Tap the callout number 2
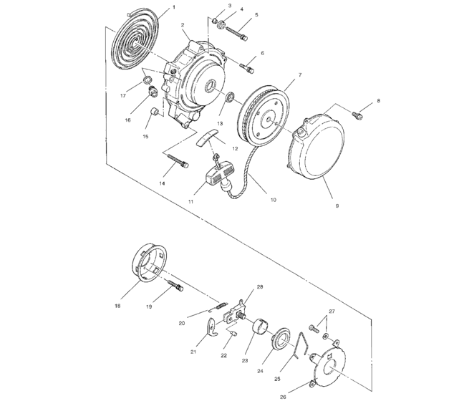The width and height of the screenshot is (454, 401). coord(183,25)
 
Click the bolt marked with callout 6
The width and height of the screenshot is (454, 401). coord(247,67)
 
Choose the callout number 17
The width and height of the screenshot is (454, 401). coord(123,94)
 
